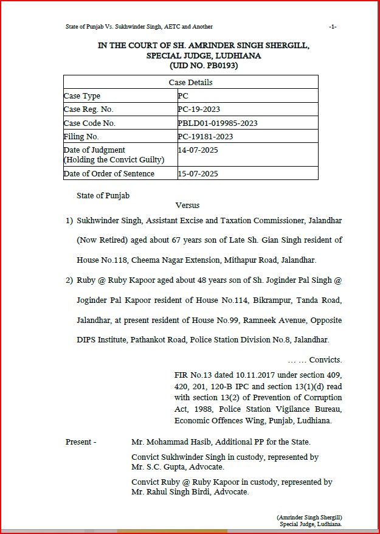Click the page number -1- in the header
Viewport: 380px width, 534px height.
332,27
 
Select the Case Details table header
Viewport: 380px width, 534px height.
190,82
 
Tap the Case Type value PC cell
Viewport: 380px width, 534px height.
183,96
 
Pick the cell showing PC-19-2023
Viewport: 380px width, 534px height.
199,109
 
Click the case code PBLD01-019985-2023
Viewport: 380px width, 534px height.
218,123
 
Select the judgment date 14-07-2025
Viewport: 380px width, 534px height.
198,150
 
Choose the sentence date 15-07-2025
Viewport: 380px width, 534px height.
198,174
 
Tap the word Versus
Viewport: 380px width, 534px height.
187,206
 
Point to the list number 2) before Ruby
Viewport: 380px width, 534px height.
69,281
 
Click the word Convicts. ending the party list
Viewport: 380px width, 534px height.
325,360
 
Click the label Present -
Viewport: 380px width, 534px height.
81,442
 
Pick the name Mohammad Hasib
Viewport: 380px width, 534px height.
176,442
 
